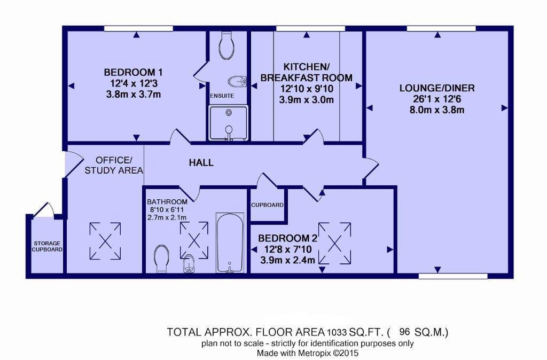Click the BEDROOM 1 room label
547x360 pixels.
point(133,73)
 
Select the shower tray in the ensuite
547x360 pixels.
point(229,123)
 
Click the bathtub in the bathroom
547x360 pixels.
point(230,242)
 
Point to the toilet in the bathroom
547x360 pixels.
point(161,259)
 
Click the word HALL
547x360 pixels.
point(201,162)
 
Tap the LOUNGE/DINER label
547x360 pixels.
point(437,88)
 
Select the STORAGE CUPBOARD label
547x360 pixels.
point(47,246)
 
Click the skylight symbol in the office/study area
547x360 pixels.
point(105,241)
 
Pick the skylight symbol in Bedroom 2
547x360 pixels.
point(334,243)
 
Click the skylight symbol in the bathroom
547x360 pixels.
point(194,240)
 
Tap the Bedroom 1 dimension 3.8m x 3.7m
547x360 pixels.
point(133,95)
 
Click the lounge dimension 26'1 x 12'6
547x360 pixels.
point(437,99)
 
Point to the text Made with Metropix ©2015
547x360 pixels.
point(307,353)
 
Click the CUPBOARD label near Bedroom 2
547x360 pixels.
point(267,205)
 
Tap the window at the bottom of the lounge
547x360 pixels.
point(453,276)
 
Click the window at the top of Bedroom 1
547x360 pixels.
point(138,28)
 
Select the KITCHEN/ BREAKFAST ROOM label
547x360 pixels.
point(306,72)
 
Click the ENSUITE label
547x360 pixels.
point(222,96)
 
